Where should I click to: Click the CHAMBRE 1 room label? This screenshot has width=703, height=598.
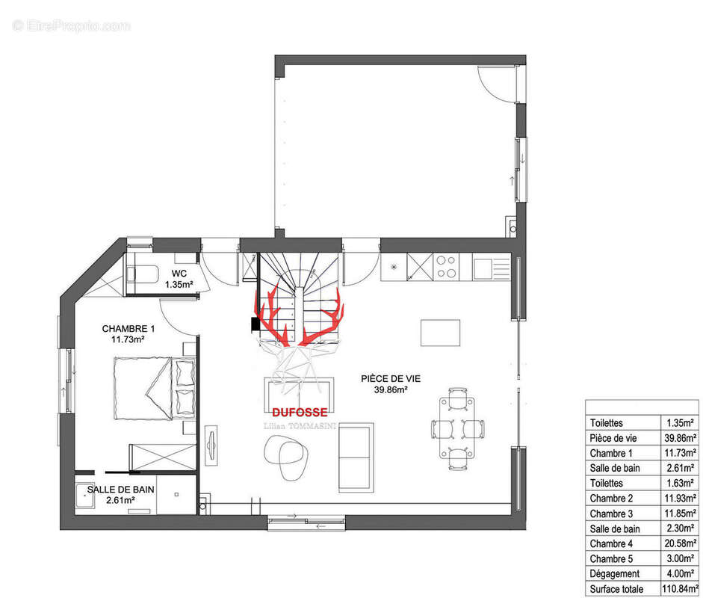pos(128,328)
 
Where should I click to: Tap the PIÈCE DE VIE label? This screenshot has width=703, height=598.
pos(391,379)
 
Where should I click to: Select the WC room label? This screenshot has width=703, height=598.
pos(179,273)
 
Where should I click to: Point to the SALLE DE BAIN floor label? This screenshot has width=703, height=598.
pos(120,490)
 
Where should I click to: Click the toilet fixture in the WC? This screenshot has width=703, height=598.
pos(142,274)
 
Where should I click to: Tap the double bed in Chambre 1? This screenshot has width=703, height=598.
pos(155,389)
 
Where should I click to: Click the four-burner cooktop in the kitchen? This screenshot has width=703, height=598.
pos(446,266)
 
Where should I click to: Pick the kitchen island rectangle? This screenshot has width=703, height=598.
pos(440,333)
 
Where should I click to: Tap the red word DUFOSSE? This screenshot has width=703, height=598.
pos(300,412)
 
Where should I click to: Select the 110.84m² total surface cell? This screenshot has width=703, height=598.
pos(679,588)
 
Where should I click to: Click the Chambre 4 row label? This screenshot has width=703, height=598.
pos(611,543)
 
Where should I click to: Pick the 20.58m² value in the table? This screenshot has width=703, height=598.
pos(680,543)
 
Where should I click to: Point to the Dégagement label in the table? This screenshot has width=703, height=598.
pos(615,574)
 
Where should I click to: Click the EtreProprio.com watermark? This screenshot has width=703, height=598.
pos(72,25)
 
